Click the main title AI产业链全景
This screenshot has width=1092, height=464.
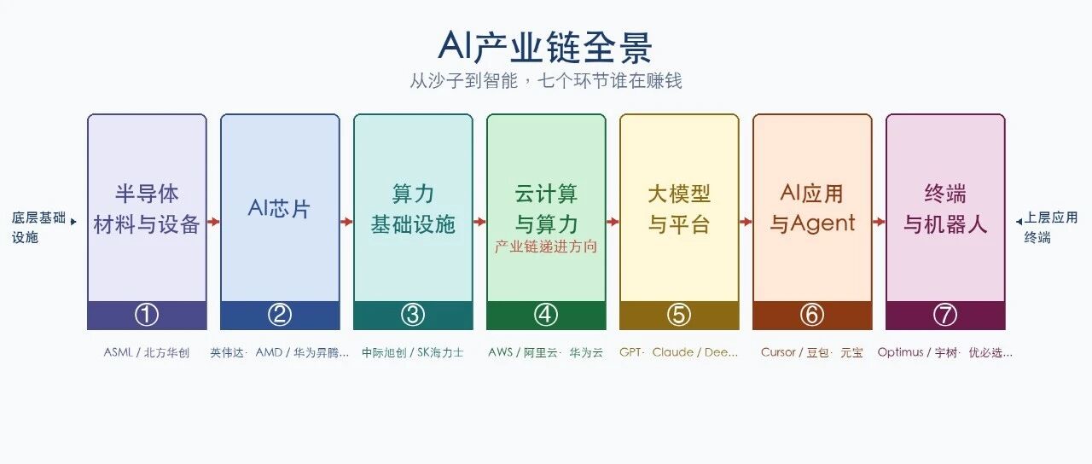[x=545, y=47]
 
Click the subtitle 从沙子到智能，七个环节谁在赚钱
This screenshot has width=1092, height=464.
[x=545, y=81]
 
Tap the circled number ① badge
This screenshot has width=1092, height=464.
[x=147, y=315]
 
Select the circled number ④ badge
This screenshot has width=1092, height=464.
[x=546, y=315]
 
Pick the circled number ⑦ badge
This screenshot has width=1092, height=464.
[x=945, y=315]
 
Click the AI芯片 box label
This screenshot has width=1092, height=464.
[x=279, y=209]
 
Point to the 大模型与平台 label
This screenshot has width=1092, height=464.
[x=679, y=209]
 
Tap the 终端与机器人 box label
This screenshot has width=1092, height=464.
[x=945, y=209]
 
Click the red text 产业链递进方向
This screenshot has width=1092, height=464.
[x=546, y=246]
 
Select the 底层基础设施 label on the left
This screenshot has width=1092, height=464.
[x=38, y=227]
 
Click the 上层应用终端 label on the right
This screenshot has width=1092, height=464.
[x=1050, y=227]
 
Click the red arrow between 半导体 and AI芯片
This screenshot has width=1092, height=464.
[x=213, y=222]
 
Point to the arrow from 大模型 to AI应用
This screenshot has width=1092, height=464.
[x=746, y=222]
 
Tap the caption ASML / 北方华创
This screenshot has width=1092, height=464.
[x=146, y=352]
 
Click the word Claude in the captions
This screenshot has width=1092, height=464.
[x=673, y=352]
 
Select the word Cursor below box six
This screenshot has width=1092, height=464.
[x=778, y=352]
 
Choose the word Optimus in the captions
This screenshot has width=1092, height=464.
[x=900, y=352]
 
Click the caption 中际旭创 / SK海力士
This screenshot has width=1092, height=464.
[x=412, y=352]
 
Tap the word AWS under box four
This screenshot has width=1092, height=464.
[x=500, y=352]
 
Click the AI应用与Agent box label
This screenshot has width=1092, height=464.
[x=812, y=209]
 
